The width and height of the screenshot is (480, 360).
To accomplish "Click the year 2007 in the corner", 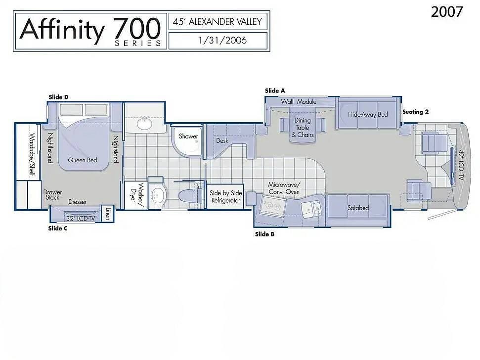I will click(x=447, y=12).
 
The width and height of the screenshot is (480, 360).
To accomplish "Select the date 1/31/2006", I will click(x=218, y=40).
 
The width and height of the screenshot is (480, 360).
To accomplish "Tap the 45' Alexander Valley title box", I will click(x=218, y=22).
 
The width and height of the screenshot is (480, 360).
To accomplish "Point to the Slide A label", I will click(x=275, y=90).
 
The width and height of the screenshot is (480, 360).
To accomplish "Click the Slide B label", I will click(x=264, y=234).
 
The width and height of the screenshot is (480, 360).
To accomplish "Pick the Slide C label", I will click(x=58, y=228).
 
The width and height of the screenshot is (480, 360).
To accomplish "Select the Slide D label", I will click(x=58, y=97).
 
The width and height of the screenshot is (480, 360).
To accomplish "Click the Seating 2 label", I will click(x=415, y=112).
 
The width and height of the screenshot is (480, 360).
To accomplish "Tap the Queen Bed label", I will click(x=82, y=160).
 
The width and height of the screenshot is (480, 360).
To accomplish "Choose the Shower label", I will click(x=188, y=136).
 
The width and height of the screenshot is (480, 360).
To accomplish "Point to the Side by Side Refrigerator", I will click(x=226, y=196).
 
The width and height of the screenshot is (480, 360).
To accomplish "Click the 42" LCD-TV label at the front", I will click(x=461, y=164).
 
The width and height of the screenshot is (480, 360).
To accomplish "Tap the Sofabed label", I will click(x=358, y=208).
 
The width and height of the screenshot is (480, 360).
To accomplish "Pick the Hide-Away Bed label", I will click(x=368, y=114).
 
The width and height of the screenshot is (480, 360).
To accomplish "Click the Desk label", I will click(x=222, y=140).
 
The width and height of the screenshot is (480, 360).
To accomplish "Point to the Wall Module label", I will click(x=299, y=102).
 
